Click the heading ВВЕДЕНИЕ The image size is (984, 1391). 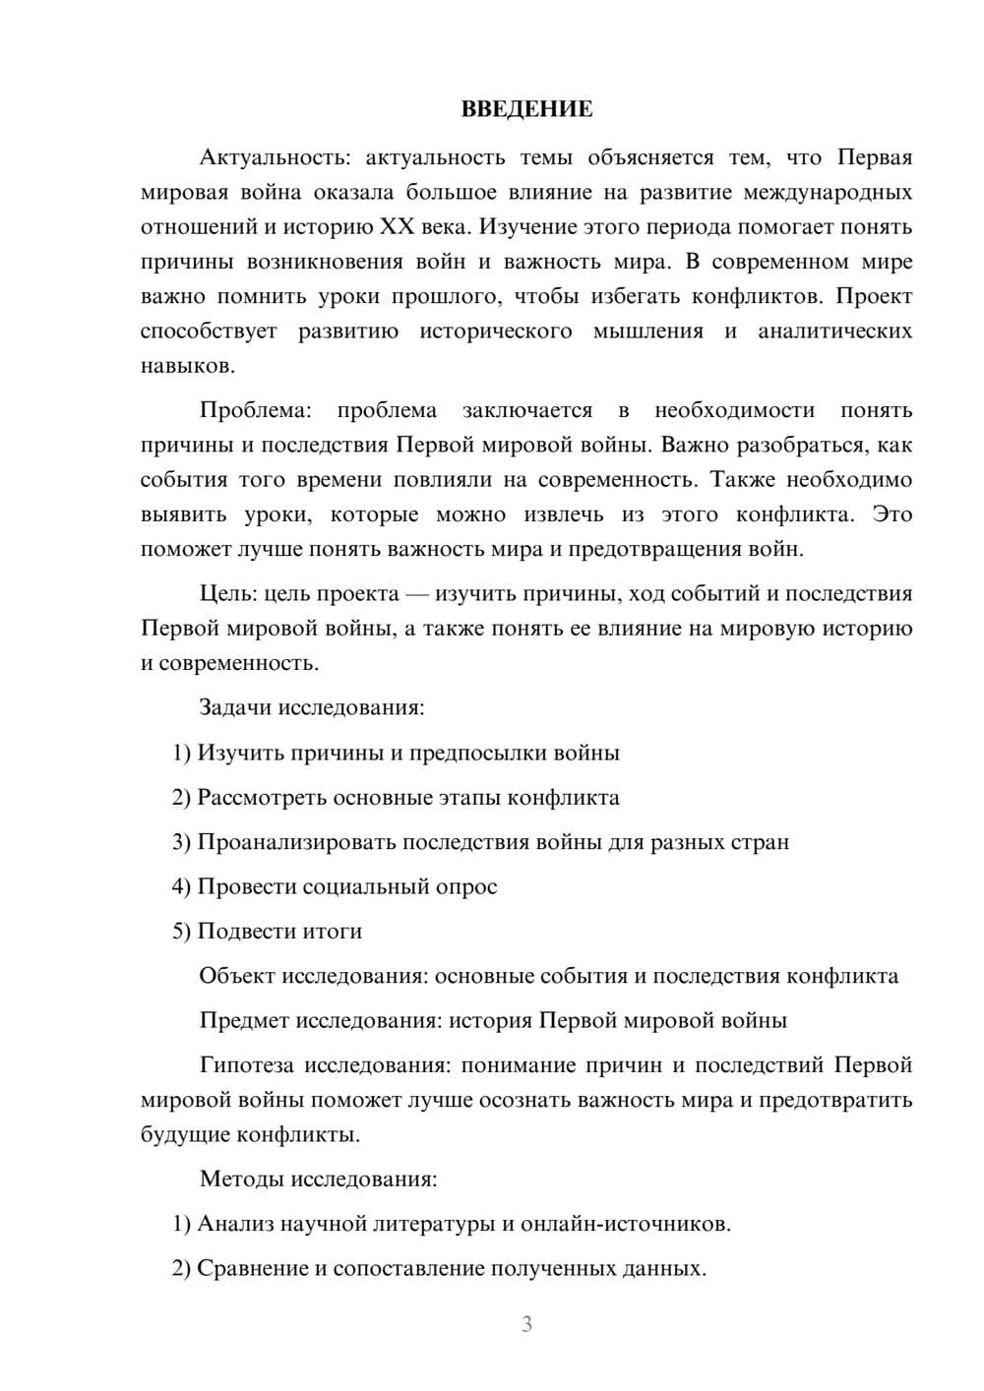coord(526,109)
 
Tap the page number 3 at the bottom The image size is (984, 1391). coord(526,1324)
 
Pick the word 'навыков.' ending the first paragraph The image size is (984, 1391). coord(188,366)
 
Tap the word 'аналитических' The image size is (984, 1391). coord(834,331)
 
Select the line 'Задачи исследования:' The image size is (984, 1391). coord(312,707)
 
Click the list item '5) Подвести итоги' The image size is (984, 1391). coord(268,931)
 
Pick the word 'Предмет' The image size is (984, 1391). coord(243,1020)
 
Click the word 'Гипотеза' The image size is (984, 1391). coord(247,1065)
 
